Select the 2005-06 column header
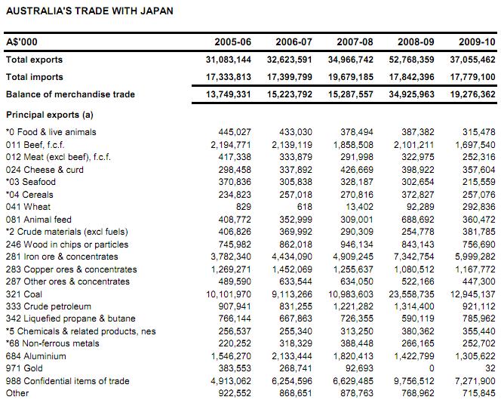[x=231, y=42]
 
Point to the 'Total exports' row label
[x=34, y=60]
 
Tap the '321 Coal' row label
[x=25, y=293]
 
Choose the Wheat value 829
[x=242, y=206]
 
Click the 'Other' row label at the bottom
[x=17, y=392]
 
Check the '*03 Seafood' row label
[x=31, y=182]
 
